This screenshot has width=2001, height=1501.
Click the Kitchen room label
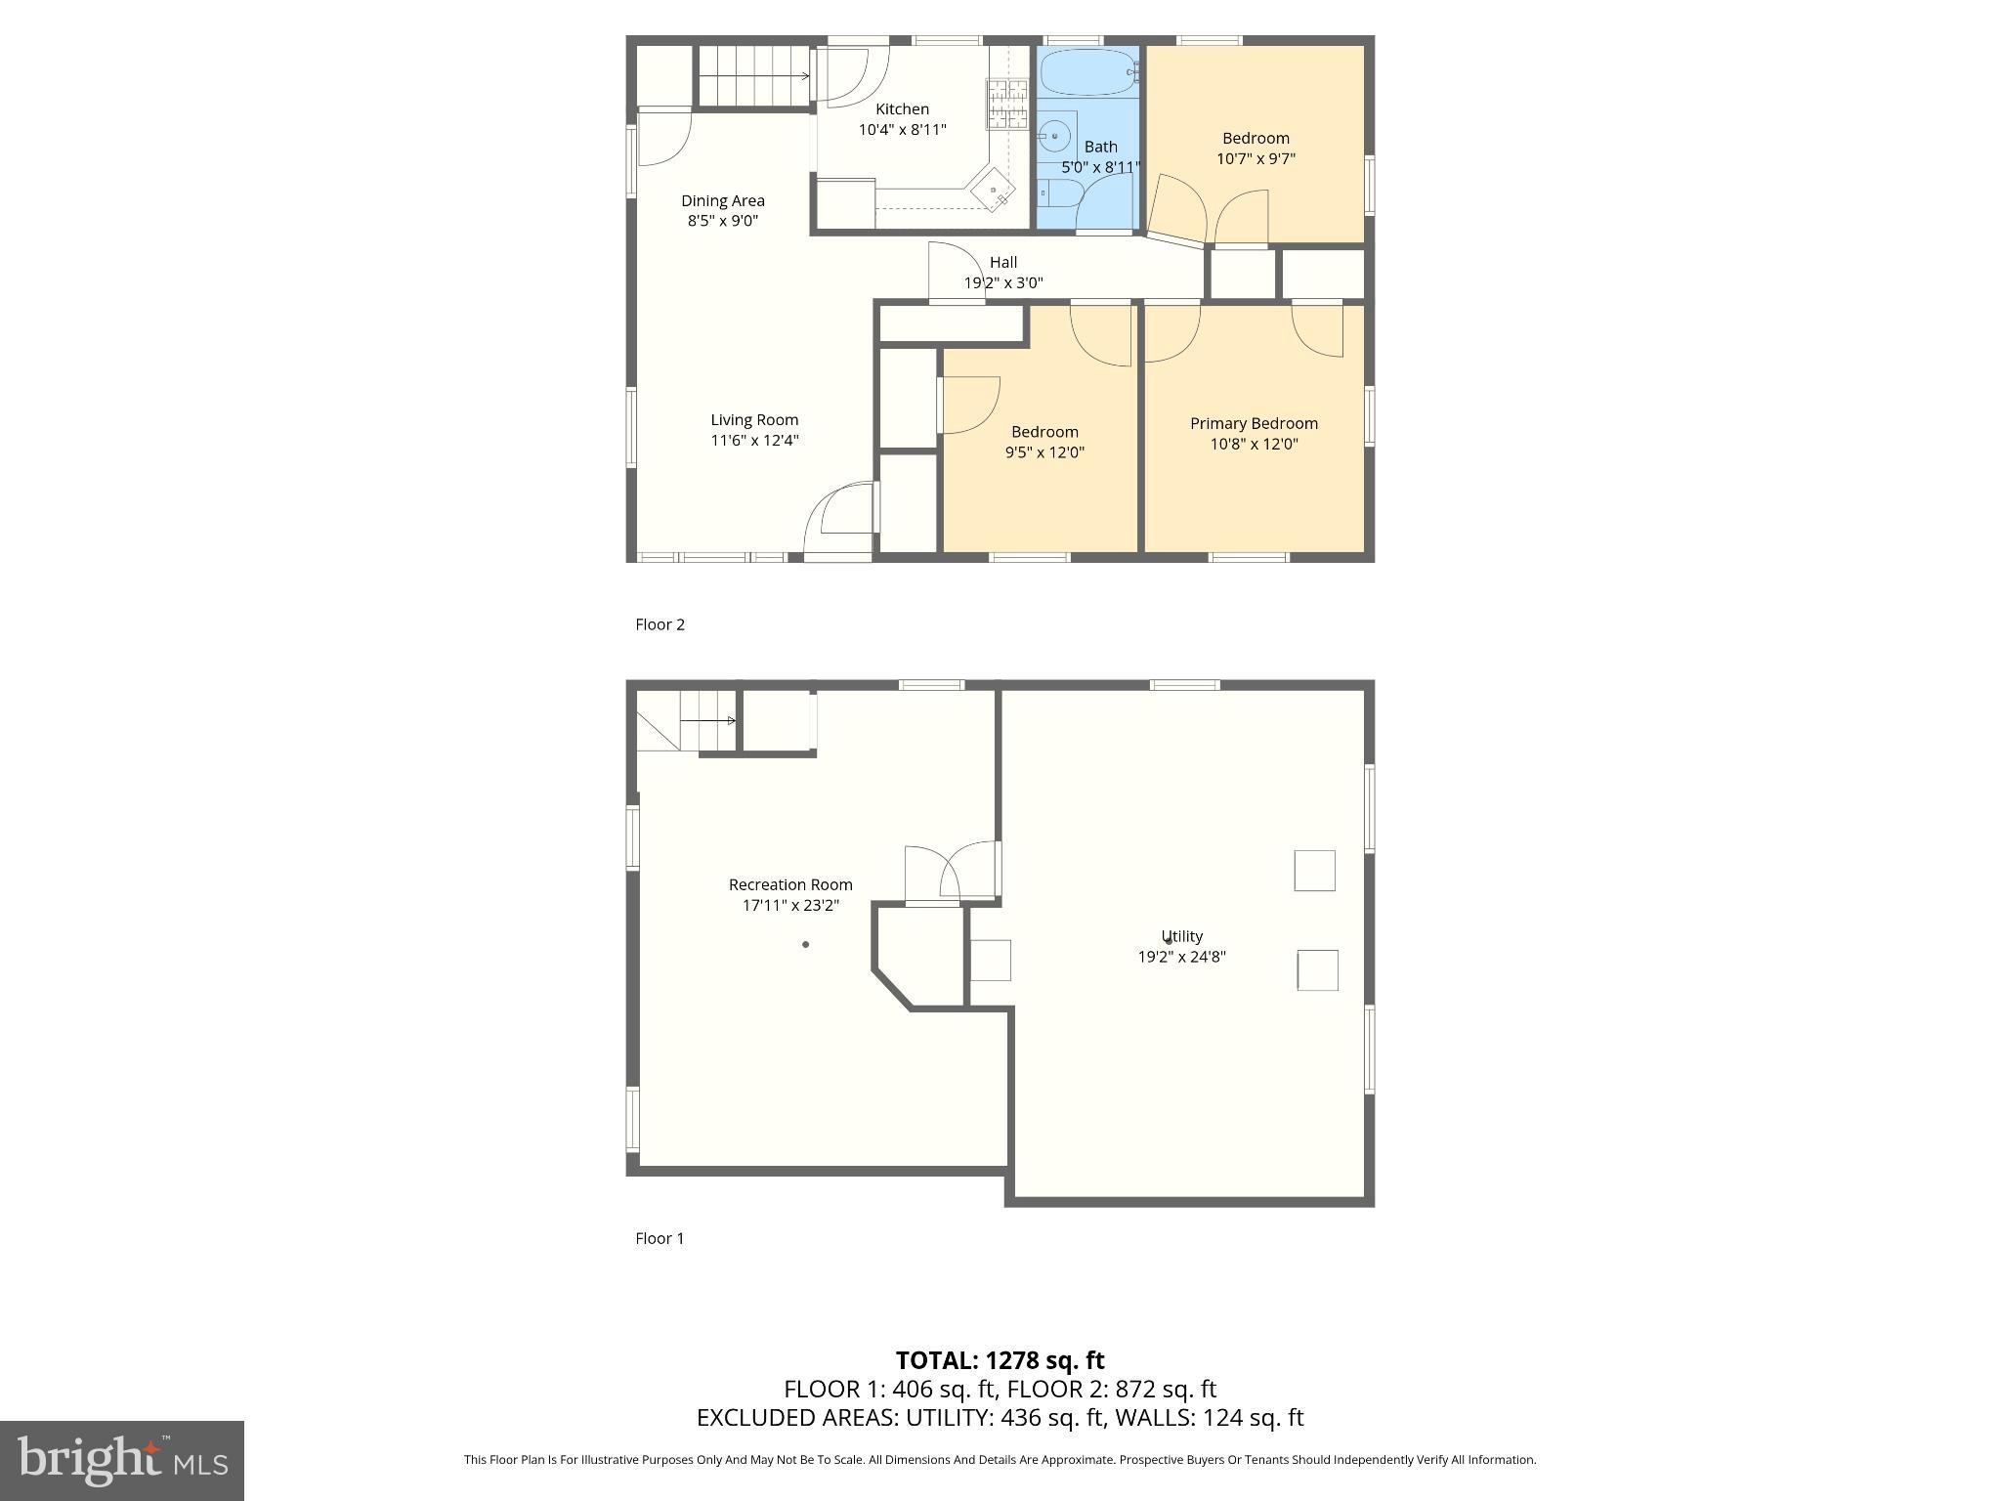(902, 109)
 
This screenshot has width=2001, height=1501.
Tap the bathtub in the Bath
(1086, 71)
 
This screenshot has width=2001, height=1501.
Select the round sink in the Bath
(1054, 137)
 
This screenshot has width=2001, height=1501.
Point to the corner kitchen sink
(994, 190)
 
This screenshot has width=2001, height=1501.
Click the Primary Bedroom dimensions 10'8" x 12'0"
(1254, 444)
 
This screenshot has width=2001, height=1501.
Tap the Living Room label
(754, 420)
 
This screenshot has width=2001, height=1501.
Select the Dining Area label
(723, 201)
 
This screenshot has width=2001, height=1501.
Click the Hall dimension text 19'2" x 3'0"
(1003, 283)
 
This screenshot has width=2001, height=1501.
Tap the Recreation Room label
(790, 885)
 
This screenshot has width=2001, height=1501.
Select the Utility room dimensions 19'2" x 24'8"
(1181, 958)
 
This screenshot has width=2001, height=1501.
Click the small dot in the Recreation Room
(805, 945)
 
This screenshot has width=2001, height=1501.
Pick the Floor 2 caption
(660, 624)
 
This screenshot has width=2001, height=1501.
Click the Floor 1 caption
(660, 1238)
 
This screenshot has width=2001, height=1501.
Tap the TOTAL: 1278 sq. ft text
(1000, 1360)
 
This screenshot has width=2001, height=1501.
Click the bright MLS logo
(122, 1461)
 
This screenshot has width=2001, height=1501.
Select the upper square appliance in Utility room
(1314, 871)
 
